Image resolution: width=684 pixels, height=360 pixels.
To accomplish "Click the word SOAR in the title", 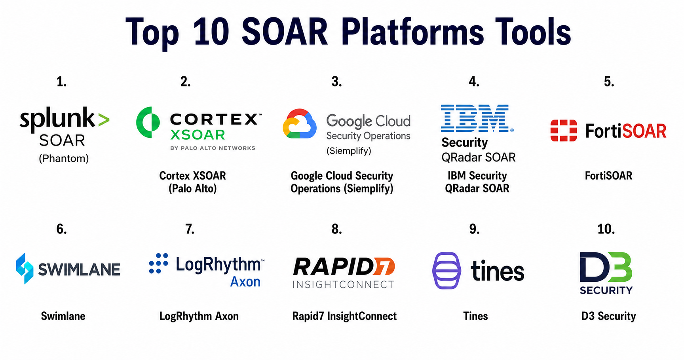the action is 285,32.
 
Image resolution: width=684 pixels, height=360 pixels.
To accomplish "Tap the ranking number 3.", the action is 336,81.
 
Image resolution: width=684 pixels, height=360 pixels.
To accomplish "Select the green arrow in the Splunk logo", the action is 104,120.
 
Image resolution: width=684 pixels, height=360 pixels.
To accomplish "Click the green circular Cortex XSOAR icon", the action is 148,122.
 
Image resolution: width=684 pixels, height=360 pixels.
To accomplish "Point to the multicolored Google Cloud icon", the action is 300,123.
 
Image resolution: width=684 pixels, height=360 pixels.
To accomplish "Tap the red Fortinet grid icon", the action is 564,131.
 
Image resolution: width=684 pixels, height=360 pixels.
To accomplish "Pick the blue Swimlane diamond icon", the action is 25,268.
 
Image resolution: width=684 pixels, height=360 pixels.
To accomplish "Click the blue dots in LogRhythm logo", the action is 158,263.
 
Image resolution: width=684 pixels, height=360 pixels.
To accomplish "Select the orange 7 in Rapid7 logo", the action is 384,267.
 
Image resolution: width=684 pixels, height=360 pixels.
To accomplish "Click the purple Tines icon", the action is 446,271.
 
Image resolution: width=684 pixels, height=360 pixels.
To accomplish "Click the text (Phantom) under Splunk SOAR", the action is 64,159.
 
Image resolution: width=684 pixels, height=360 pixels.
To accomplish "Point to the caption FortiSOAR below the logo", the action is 608,175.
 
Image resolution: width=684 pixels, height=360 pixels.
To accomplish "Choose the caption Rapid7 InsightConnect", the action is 344,316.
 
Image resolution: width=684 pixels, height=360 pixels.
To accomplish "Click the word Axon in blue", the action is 245,282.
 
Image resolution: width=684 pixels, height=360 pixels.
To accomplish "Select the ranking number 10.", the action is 606,229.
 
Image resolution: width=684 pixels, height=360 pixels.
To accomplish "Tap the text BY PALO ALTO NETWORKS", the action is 213,148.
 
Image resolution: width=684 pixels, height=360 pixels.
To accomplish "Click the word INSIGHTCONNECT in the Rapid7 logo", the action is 344,284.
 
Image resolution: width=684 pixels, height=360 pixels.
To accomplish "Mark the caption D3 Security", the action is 608,316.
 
